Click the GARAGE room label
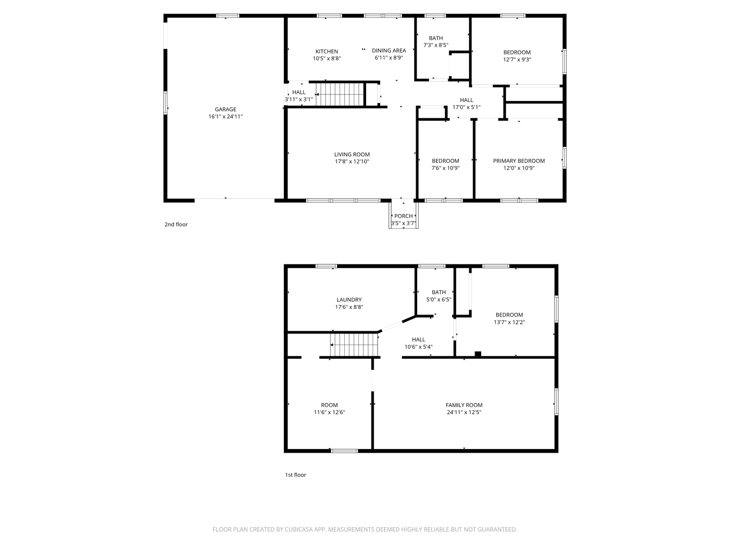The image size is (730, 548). click(226, 109)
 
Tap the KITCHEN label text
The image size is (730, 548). click(326, 51)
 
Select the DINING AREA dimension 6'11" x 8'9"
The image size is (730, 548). click(389, 57)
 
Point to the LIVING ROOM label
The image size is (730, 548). click(352, 154)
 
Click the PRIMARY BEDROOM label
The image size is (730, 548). click(519, 161)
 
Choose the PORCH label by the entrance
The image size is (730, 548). click(404, 216)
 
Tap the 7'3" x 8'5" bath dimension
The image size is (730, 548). click(435, 45)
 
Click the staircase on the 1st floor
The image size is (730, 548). click(354, 345)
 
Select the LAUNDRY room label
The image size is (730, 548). click(349, 299)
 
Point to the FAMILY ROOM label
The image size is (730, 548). click(464, 405)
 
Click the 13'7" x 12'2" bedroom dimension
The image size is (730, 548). click(509, 322)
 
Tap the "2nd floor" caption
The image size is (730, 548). click(176, 224)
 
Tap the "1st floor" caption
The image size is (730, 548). click(296, 475)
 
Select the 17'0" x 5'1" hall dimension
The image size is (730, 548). click(466, 107)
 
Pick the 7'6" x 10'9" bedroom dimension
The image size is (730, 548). click(445, 168)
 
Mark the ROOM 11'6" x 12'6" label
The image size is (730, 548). click(329, 408)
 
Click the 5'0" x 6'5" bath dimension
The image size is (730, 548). click(439, 299)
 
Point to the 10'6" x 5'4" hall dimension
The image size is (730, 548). click(418, 347)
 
